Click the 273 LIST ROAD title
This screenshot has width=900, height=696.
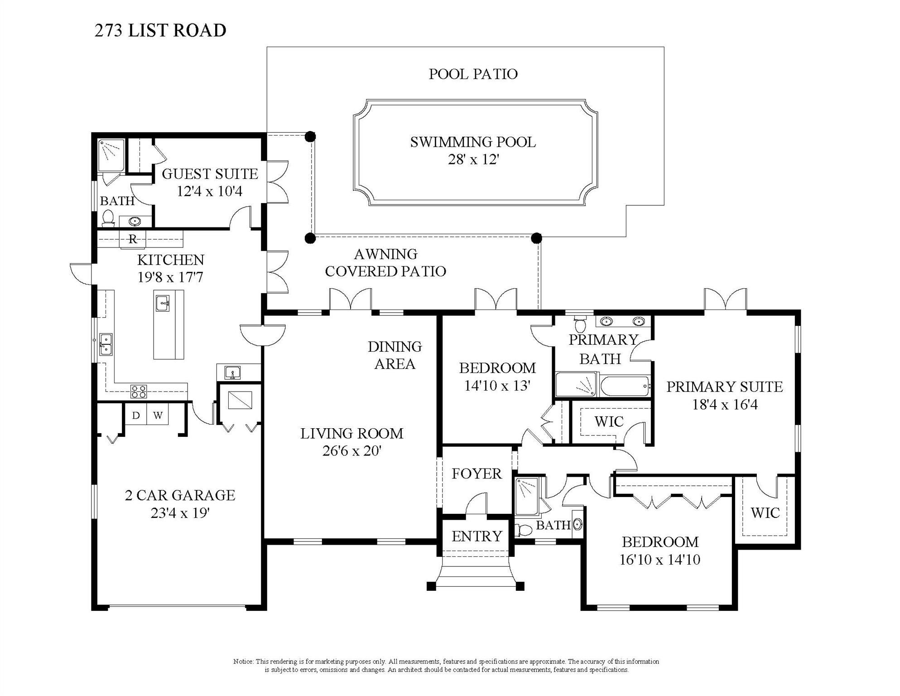pos(160,31)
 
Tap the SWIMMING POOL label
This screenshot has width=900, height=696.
pos(473,142)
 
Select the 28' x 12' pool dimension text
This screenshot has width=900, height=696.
pos(473,160)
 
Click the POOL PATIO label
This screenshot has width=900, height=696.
pos(473,74)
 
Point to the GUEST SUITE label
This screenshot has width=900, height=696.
pos(210,174)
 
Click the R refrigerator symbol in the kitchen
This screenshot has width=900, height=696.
pos(132,239)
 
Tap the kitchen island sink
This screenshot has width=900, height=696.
pos(162,304)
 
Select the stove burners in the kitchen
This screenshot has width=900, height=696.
pos(139,391)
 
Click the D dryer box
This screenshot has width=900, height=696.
pos(135,416)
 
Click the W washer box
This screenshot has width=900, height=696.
pos(158,416)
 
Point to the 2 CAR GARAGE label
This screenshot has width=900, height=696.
pos(180,495)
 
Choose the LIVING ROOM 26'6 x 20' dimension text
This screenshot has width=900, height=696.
pos(352,451)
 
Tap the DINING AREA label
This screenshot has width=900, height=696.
pos(395,355)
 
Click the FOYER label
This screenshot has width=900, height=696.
pos(476,474)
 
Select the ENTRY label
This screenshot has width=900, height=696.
pos(476,536)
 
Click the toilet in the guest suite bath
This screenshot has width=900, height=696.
pos(108,218)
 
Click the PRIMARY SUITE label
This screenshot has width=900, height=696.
pos(724,387)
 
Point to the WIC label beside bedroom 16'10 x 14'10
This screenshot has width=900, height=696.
pos(765,513)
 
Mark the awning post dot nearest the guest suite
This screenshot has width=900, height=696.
pos(310,136)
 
